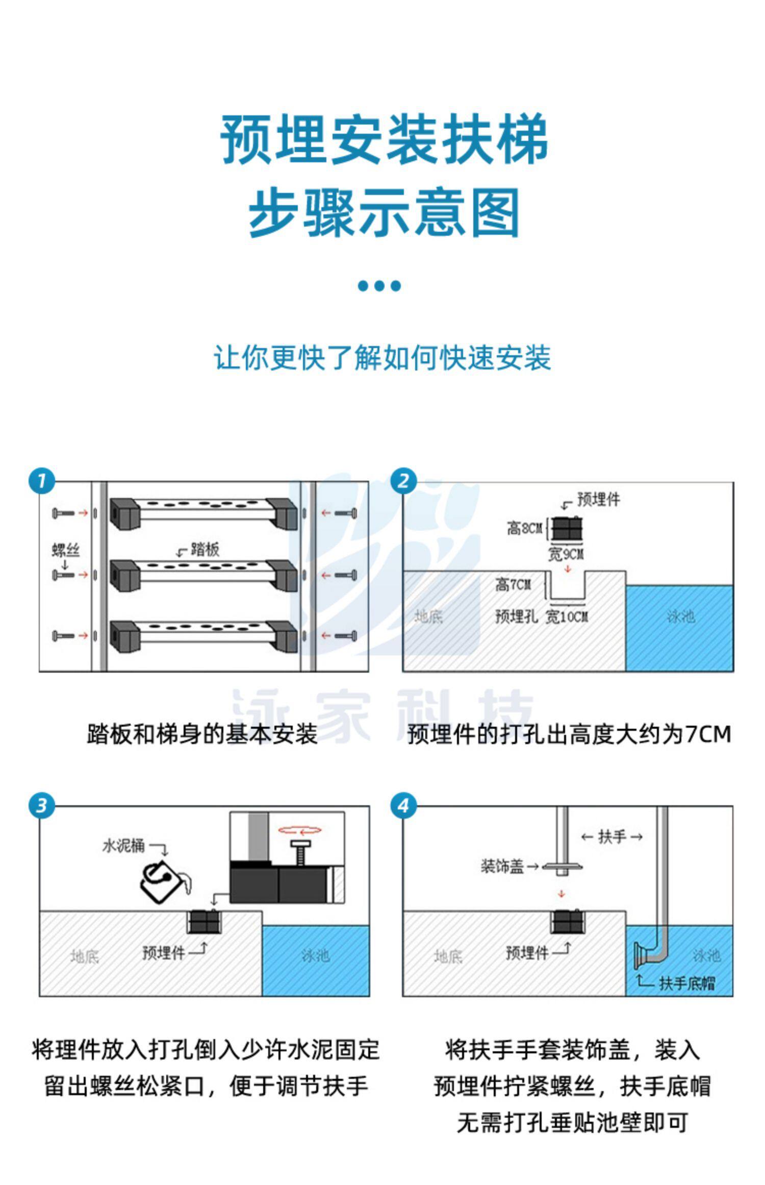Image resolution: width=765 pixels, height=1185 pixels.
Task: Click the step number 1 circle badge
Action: (41, 481)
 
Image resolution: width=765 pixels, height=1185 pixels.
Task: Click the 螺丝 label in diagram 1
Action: (66, 550)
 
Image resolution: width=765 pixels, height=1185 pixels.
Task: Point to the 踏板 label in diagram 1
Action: (205, 549)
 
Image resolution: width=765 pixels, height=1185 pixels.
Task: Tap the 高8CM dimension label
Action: (524, 528)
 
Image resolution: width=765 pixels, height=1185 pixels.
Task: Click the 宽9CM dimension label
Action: (566, 554)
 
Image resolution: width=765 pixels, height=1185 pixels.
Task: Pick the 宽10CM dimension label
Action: (567, 616)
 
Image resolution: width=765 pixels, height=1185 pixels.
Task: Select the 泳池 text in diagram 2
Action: (680, 616)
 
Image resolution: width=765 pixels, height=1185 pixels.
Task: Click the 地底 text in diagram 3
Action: (85, 956)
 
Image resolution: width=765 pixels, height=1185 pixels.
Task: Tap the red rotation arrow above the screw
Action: (299, 830)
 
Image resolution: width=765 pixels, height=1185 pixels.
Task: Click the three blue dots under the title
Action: (379, 285)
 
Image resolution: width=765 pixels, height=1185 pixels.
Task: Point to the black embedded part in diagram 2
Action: (566, 529)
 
